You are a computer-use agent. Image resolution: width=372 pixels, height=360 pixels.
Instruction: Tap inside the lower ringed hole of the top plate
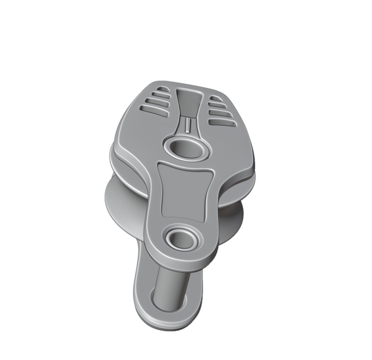point(183,238)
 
